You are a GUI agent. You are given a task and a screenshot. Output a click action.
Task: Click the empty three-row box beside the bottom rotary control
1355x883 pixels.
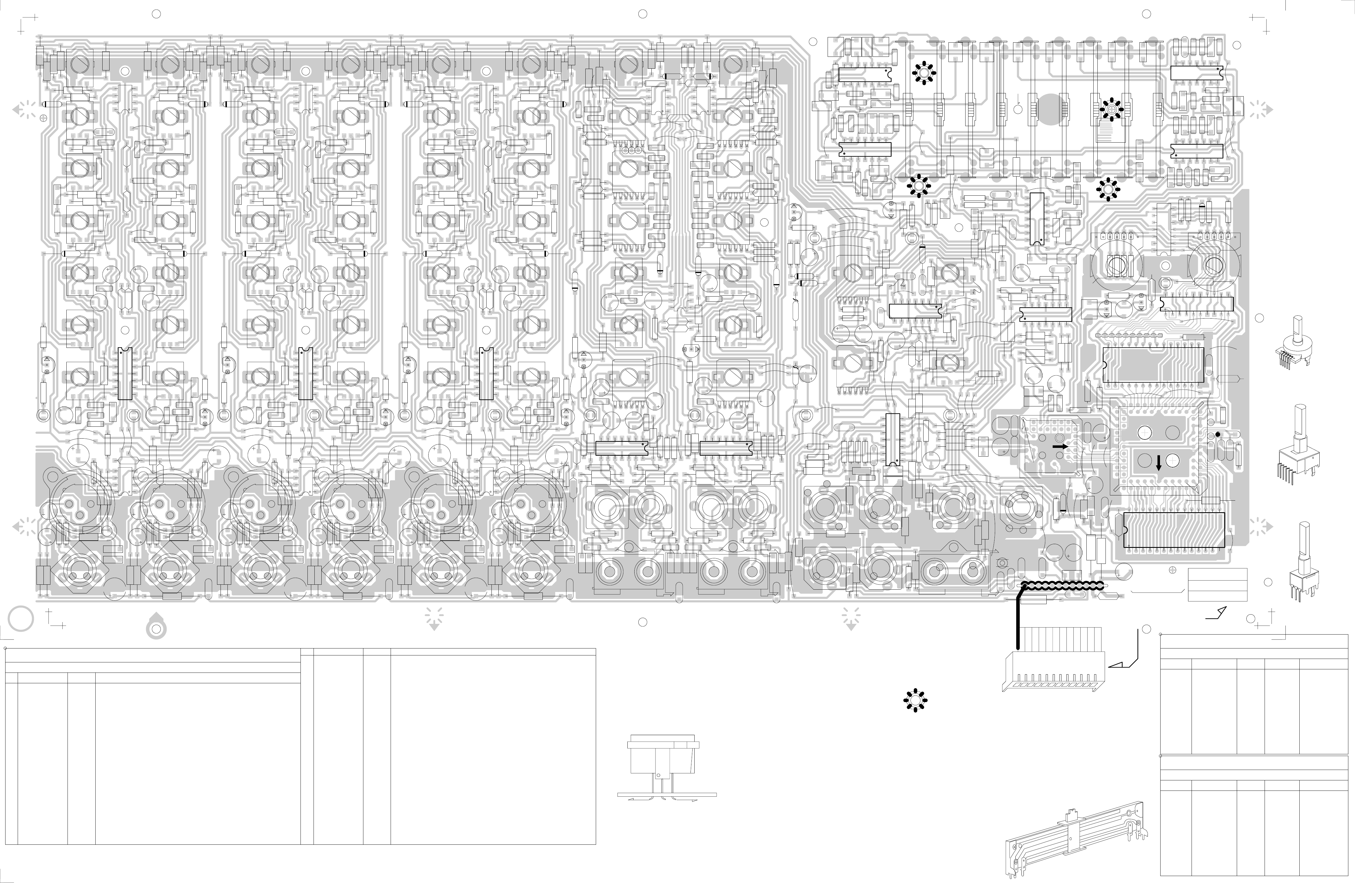tap(1217, 584)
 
